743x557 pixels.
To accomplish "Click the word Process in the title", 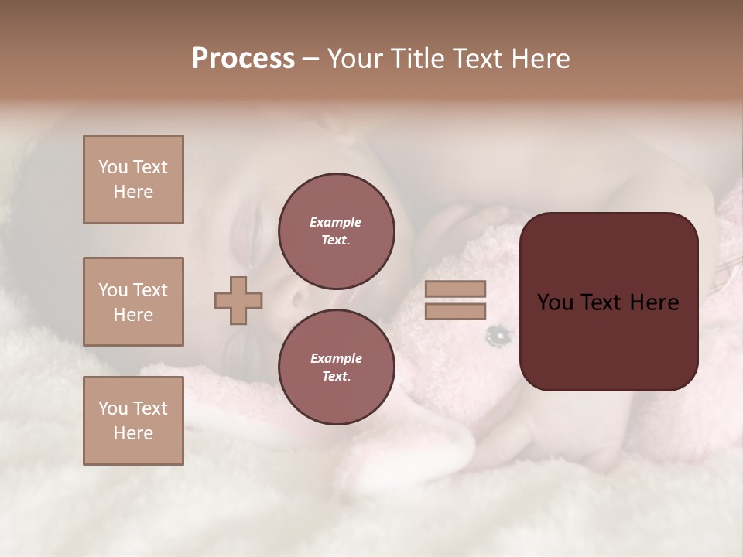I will [243, 59].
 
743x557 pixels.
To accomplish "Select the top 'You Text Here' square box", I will [133, 179].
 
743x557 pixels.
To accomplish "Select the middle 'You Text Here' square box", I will [133, 302].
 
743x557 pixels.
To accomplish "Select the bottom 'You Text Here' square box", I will [133, 421].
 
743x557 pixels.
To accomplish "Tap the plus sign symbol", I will [238, 300].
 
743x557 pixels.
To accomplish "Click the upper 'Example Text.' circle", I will [336, 231].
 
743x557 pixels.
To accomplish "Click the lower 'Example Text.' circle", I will [336, 367].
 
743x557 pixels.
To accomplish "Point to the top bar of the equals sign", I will [455, 289].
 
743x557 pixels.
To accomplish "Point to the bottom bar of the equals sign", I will [455, 312].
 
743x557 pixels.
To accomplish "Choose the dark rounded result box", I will [608, 302].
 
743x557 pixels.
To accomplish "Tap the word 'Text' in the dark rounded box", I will [602, 302].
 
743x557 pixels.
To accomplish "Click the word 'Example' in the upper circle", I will [336, 222].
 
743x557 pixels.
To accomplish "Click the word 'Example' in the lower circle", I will [336, 358].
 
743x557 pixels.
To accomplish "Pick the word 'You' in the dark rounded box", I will [555, 302].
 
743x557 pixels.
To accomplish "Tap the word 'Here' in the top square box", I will [133, 192].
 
